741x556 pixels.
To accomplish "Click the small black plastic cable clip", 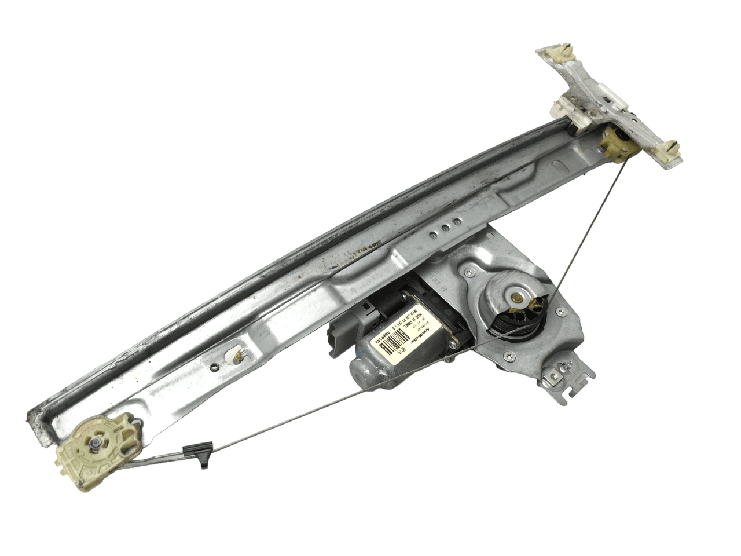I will (x=204, y=453).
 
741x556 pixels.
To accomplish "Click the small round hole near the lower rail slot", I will (x=214, y=366).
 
